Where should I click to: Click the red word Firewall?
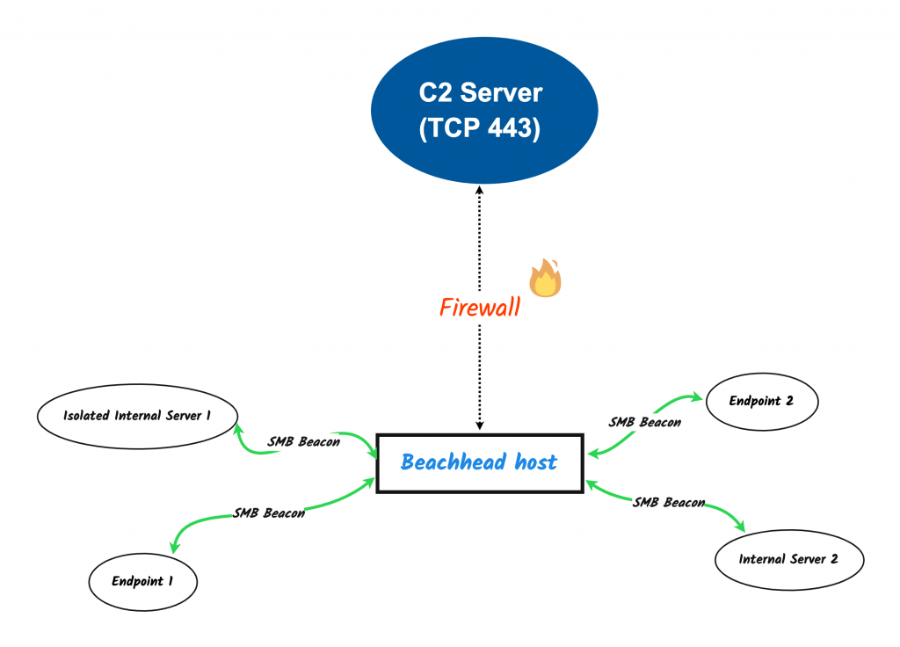(x=479, y=308)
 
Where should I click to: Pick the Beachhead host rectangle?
(x=479, y=462)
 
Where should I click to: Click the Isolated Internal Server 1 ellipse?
(x=137, y=415)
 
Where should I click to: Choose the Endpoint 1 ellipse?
(x=143, y=581)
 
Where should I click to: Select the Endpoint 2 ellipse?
(x=761, y=401)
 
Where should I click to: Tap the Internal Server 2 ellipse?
(x=788, y=559)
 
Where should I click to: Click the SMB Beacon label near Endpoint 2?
(x=644, y=422)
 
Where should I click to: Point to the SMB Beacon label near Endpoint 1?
(x=269, y=513)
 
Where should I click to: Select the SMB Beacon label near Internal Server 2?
(x=668, y=503)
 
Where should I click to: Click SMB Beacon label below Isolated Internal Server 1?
(x=303, y=441)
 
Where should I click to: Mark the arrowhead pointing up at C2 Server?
(x=479, y=190)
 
